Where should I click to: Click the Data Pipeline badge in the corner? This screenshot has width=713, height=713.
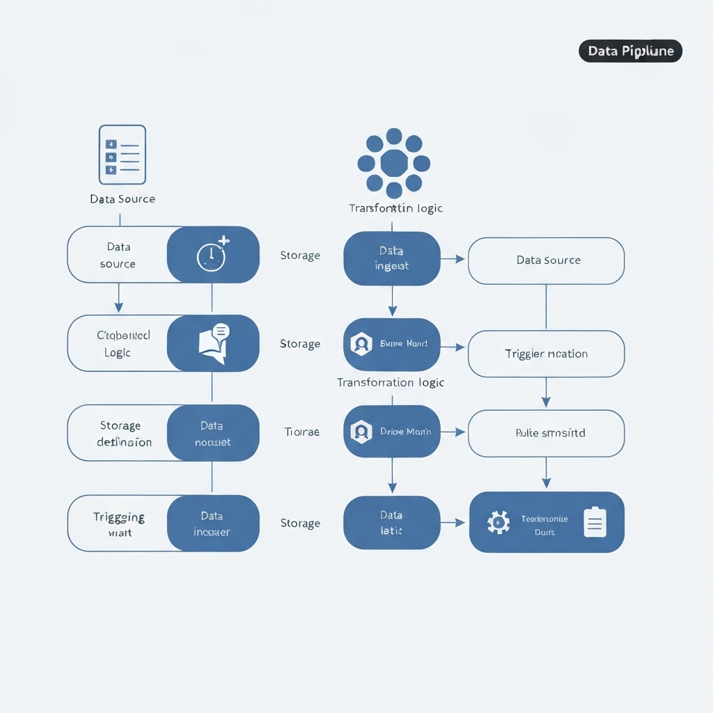click(630, 51)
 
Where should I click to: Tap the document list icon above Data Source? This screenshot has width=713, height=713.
click(123, 155)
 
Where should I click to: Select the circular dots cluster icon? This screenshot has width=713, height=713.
click(393, 163)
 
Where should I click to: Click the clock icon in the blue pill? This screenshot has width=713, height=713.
click(211, 256)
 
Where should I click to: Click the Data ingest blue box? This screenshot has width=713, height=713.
click(392, 258)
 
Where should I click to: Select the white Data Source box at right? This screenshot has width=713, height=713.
click(547, 260)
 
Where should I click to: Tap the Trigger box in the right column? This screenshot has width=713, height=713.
click(547, 354)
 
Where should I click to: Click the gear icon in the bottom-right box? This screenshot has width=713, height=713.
click(499, 522)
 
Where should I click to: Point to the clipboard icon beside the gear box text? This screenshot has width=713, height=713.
click(594, 522)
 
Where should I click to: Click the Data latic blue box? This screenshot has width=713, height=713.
click(392, 523)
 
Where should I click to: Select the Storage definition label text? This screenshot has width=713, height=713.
click(123, 433)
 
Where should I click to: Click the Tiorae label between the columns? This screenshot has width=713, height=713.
click(301, 432)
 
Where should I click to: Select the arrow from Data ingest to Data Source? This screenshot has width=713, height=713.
click(453, 259)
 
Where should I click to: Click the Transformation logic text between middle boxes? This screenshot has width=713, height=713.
click(391, 382)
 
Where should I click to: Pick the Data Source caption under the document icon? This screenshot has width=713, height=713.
click(123, 199)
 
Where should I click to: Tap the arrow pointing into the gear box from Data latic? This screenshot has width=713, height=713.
click(453, 522)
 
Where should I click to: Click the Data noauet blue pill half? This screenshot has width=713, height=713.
click(213, 433)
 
